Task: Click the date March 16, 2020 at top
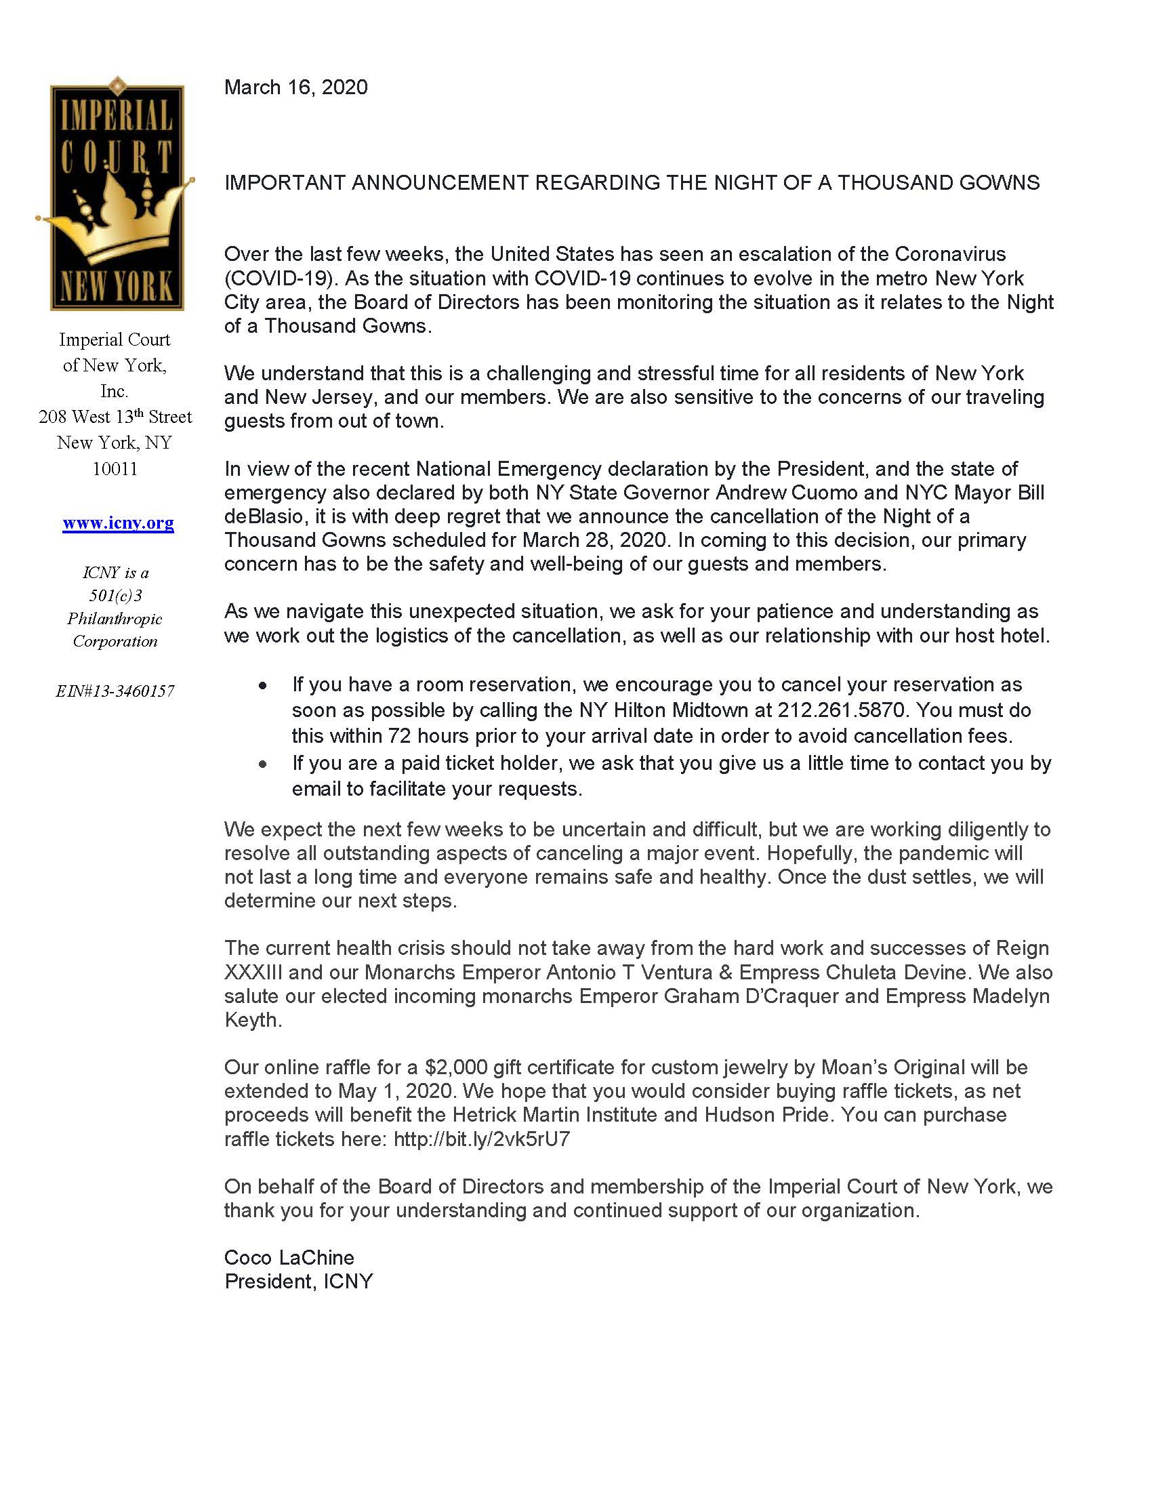[295, 87]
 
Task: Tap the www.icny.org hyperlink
[118, 523]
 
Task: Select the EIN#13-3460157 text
[115, 691]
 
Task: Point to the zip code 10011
[115, 469]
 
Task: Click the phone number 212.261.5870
[844, 710]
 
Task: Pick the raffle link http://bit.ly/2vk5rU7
[482, 1139]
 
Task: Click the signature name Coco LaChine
[289, 1257]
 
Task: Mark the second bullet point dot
[263, 764]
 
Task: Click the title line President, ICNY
[299, 1282]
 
